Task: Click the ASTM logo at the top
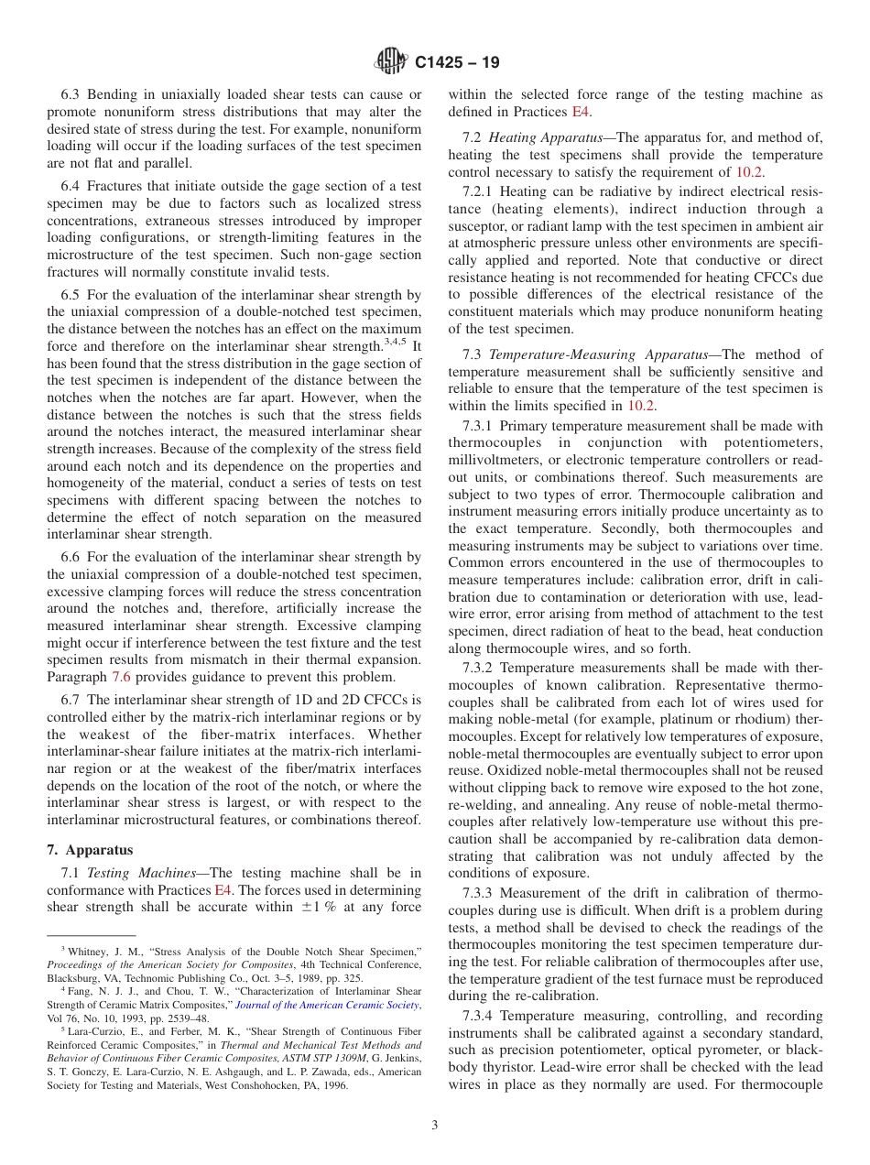click(391, 62)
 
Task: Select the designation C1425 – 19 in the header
click(457, 63)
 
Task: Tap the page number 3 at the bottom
click(435, 1125)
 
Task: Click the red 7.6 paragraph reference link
click(121, 677)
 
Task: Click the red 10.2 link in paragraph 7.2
click(749, 171)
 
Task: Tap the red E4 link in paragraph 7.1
click(223, 890)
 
